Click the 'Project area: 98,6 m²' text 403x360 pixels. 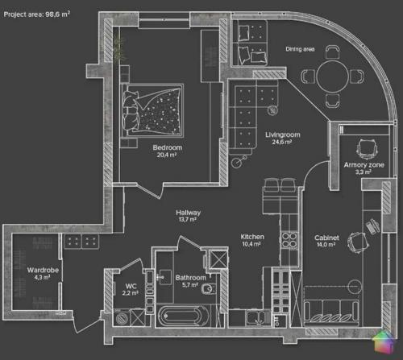(37, 14)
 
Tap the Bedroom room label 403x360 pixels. (168, 147)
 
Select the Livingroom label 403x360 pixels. (283, 134)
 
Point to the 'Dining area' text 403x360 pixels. (300, 49)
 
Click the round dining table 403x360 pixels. (332, 77)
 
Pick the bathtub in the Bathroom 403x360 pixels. (184, 316)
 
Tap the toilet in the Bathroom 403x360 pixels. (209, 288)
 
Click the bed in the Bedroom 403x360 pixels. (152, 110)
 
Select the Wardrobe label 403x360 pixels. (43, 270)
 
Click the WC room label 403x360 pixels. (131, 286)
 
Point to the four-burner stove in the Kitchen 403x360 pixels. (289, 240)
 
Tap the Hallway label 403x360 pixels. (188, 213)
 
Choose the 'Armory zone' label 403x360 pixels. (364, 165)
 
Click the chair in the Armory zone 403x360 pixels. (368, 149)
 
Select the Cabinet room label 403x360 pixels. (326, 238)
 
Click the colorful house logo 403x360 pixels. (383, 341)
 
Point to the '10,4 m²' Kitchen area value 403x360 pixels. (251, 244)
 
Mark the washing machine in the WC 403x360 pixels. (123, 318)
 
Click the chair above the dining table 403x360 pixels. (333, 52)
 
